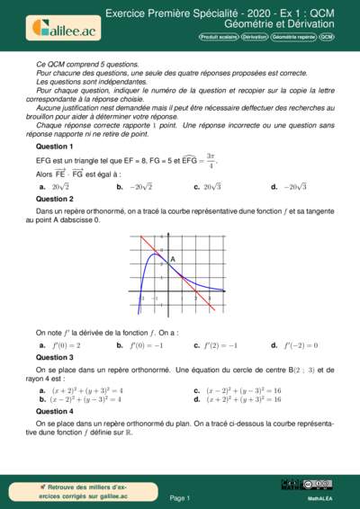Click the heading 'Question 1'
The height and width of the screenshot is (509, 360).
point(54,146)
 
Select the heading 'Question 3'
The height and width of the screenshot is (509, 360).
point(54,357)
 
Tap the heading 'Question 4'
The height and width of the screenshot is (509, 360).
point(54,411)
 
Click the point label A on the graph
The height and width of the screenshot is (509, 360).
point(172,259)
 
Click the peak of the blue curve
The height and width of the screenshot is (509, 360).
point(155,254)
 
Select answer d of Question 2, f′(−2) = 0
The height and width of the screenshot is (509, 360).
point(301,345)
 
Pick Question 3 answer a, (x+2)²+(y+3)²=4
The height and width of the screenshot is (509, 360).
point(86,391)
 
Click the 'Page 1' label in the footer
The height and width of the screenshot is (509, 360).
point(180,497)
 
